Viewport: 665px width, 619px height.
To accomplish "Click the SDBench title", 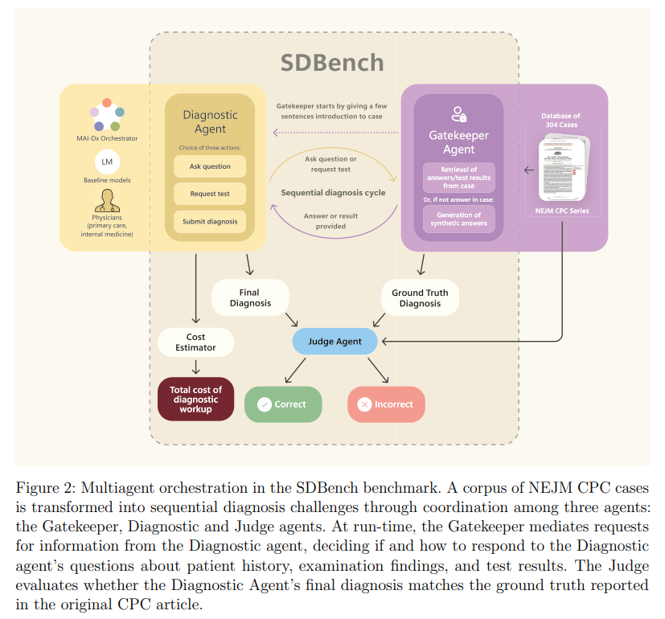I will [332, 63].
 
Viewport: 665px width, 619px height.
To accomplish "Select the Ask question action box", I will [210, 166].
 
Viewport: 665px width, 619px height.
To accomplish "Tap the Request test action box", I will [210, 194].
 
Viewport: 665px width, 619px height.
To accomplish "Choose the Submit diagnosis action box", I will [210, 222].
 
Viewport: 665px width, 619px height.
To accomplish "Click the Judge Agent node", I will [335, 341].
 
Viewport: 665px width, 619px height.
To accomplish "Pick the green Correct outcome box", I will [282, 404].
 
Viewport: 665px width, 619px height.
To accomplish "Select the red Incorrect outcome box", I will [386, 404].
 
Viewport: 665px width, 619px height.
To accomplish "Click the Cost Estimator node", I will [195, 342].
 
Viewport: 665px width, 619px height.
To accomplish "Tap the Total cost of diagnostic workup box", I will [195, 400].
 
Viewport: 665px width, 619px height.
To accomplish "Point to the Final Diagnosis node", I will [249, 298].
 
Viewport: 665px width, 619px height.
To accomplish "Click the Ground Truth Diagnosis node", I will [420, 298].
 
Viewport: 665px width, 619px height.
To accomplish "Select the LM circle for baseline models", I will [107, 162].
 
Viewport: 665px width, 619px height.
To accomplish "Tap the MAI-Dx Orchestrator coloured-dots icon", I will [107, 114].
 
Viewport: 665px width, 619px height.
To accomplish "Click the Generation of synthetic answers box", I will [459, 219].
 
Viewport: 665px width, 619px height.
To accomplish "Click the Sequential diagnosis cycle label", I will [333, 193].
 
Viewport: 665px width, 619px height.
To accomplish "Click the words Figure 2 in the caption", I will [44, 489].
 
